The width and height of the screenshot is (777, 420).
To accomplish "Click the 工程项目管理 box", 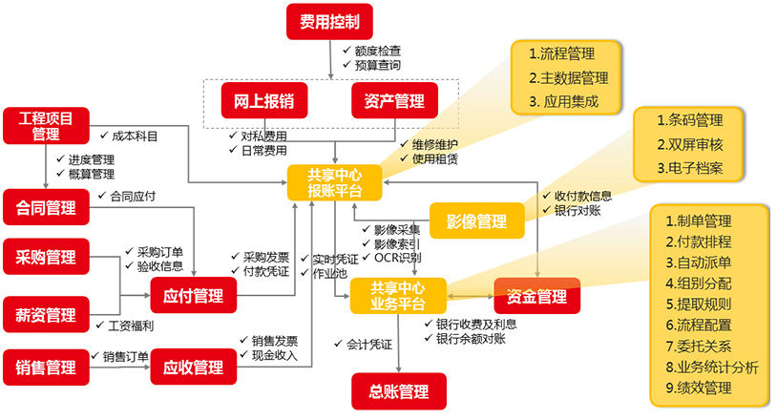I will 46,126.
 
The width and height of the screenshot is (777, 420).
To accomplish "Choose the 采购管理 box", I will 46,256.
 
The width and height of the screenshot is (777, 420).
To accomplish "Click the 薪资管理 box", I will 46,314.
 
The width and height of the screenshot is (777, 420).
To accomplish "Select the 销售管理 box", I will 46,367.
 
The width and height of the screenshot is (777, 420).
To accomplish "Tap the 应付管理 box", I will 194,296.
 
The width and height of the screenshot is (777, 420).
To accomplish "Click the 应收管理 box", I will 194,367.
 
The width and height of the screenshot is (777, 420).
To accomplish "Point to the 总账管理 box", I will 399,390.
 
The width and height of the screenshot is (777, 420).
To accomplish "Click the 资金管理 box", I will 537,296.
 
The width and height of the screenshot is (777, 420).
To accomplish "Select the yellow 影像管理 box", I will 477,221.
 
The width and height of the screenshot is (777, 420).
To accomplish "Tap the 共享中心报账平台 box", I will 335,182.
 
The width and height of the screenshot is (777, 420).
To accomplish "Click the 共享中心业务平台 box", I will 398,296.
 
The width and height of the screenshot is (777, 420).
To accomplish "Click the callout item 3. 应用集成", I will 563,101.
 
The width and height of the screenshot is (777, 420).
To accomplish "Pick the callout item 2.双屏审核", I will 689,145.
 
